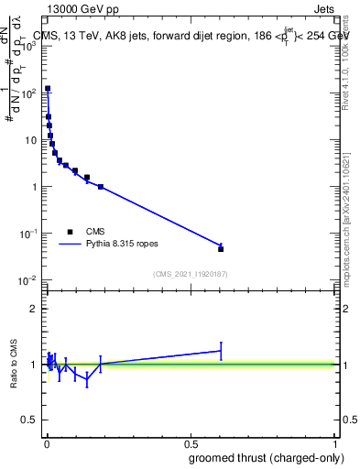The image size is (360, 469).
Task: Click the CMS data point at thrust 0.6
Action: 221,248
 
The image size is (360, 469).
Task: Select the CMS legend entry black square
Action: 70,232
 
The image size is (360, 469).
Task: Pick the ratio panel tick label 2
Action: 35,309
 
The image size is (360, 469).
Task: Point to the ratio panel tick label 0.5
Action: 29,420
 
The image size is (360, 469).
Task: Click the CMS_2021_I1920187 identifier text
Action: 190,274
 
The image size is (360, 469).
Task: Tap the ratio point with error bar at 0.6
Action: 221,351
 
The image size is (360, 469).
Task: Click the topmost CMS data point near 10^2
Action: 48,89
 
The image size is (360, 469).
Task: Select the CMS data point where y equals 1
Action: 101,187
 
